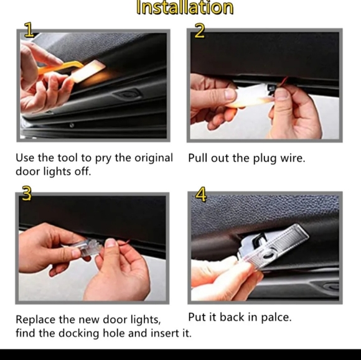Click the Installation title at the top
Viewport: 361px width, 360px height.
pyautogui.click(x=185, y=7)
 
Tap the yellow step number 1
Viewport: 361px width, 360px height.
pyautogui.click(x=29, y=29)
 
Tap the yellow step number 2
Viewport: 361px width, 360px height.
pyautogui.click(x=199, y=30)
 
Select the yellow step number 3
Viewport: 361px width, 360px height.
pyautogui.click(x=27, y=193)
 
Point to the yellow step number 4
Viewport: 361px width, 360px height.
pyautogui.click(x=201, y=194)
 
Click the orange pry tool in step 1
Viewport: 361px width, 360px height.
pyautogui.click(x=60, y=67)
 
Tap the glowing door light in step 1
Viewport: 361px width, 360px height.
pyautogui.click(x=88, y=71)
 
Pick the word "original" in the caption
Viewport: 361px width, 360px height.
pyautogui.click(x=154, y=158)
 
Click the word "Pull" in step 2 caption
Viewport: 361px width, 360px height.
pyautogui.click(x=198, y=158)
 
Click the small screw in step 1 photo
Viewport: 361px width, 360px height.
pyautogui.click(x=72, y=125)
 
